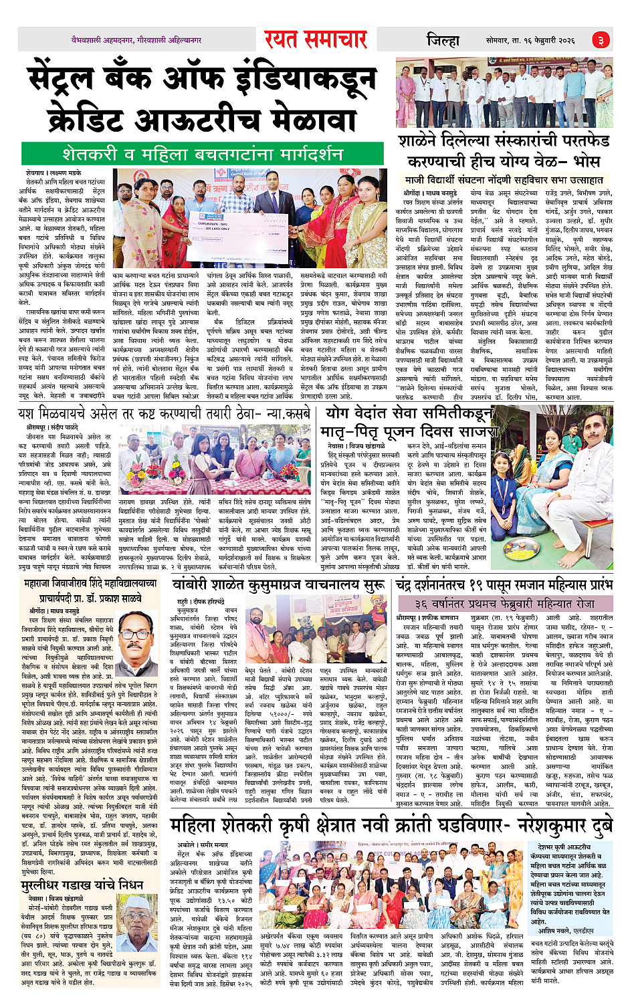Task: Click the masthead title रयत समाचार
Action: (316, 39)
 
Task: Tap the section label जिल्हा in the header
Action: (443, 40)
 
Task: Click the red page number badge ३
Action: (601, 41)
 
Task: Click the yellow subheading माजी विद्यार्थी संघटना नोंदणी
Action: (504, 180)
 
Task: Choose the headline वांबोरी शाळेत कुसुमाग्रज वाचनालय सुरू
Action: (276, 586)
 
